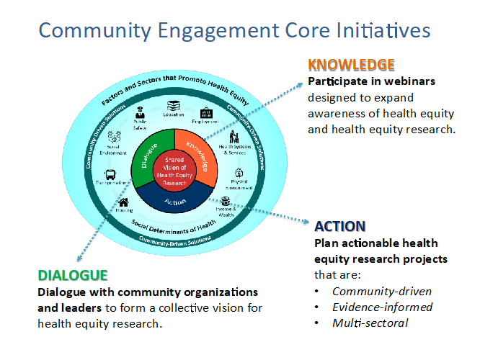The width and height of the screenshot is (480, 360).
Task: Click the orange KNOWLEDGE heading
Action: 351,64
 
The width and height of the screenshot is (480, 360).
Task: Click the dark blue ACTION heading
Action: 339,226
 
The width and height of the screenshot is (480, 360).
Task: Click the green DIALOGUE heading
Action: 73,276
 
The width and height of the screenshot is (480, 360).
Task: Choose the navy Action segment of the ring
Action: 175,201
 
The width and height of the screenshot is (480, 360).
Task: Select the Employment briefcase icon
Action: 208,112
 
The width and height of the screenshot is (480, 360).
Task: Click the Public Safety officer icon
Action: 141,112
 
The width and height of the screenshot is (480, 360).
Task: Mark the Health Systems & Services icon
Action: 234,137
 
